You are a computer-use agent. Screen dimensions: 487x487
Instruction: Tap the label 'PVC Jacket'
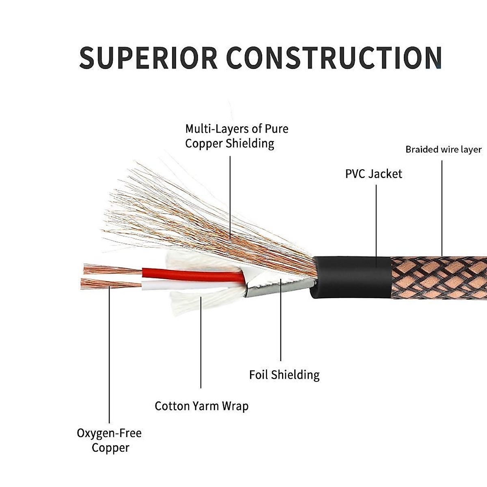click(373, 174)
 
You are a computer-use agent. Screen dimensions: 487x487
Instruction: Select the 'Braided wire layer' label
click(444, 150)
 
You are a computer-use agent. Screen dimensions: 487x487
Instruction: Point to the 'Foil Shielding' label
click(284, 375)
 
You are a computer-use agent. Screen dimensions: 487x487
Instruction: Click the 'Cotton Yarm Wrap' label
click(202, 406)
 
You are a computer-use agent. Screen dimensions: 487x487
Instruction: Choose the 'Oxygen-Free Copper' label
click(110, 440)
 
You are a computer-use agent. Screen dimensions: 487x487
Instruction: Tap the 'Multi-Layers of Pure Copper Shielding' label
click(237, 136)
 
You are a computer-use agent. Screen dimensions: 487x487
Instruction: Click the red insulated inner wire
click(191, 274)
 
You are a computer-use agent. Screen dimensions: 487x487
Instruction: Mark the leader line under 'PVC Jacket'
click(376, 219)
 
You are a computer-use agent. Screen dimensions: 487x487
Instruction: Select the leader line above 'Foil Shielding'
click(280, 325)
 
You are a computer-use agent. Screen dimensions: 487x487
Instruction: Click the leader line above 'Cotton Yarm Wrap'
click(201, 345)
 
